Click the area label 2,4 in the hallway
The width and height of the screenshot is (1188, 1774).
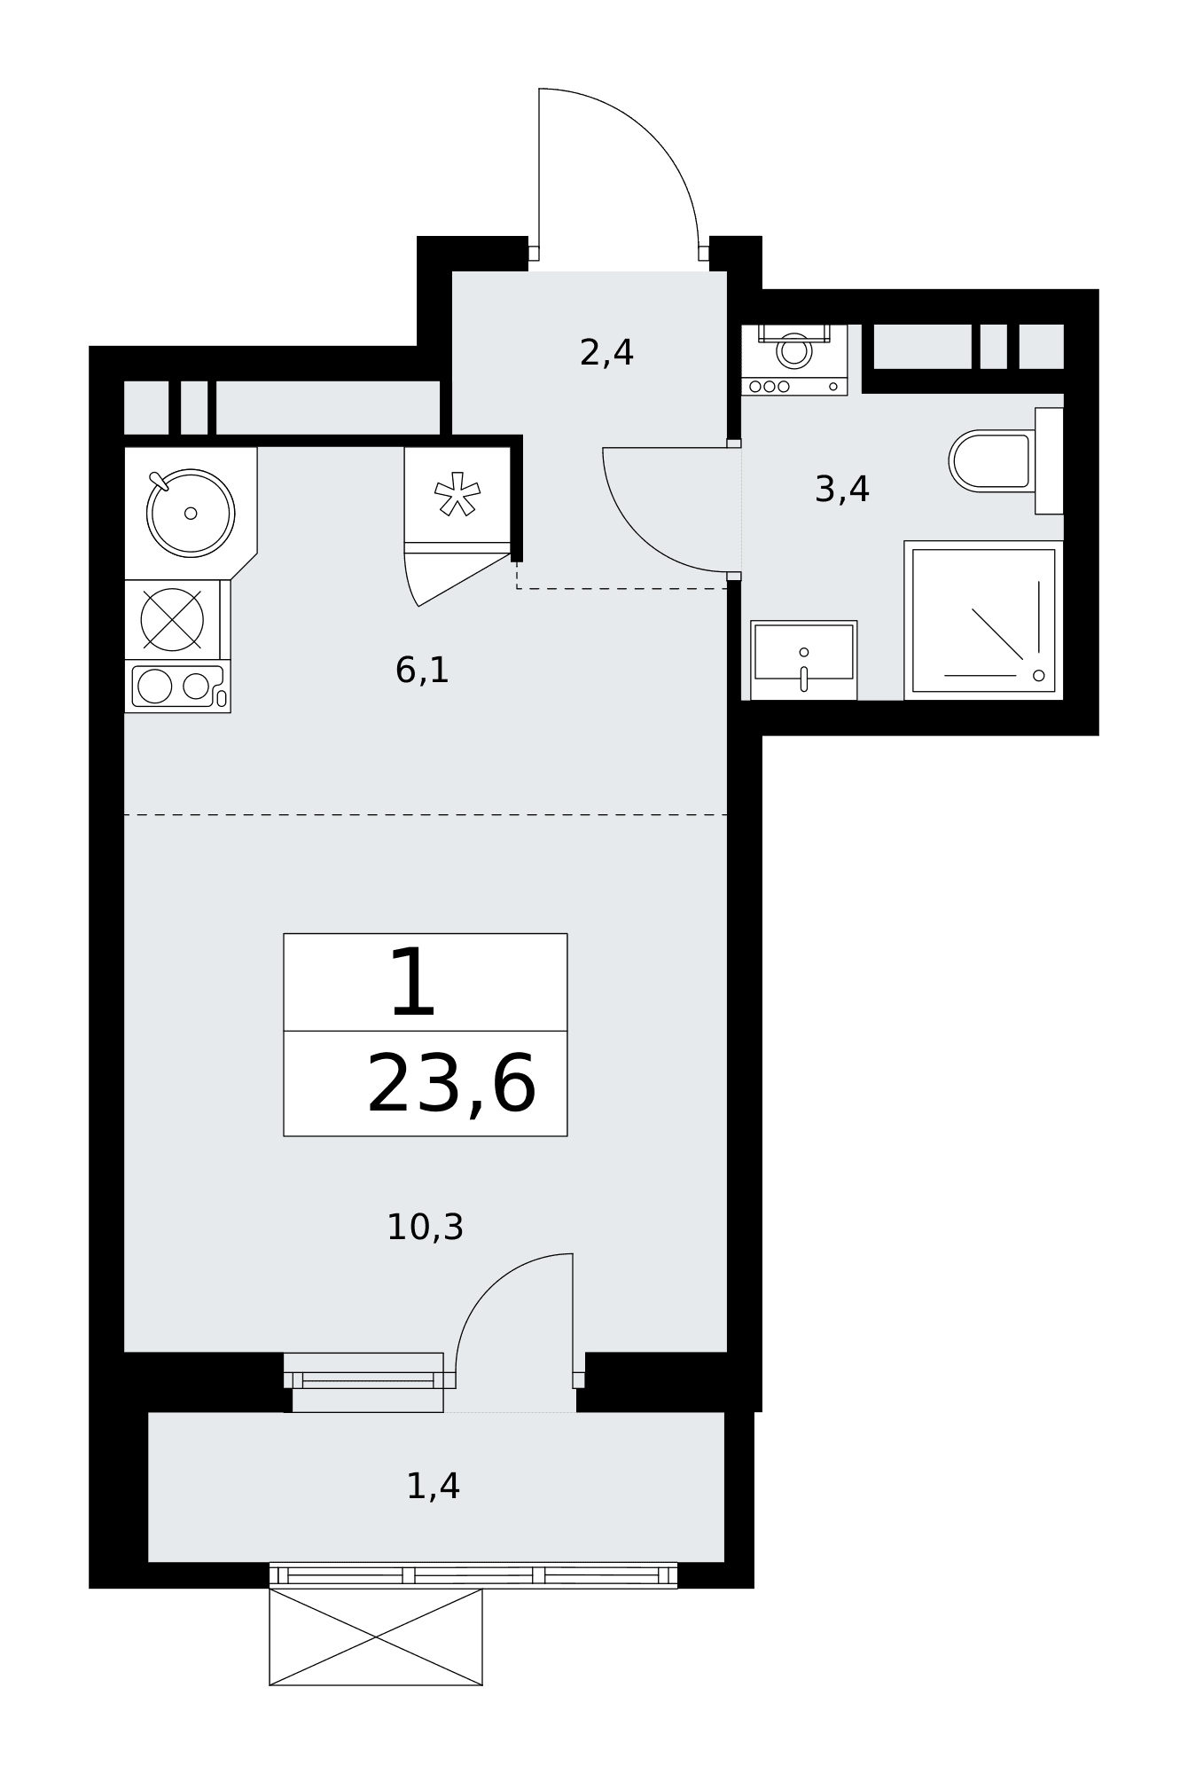(606, 353)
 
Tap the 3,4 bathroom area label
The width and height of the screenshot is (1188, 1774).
(841, 489)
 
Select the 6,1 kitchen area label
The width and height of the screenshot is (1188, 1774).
(422, 670)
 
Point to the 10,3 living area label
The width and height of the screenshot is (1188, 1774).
(425, 1227)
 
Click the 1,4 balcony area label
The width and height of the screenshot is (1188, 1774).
(433, 1486)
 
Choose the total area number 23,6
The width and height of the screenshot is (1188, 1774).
(451, 1085)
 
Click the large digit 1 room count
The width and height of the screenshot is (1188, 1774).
(413, 982)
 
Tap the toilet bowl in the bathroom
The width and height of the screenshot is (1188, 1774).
(991, 460)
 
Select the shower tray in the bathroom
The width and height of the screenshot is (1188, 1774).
(983, 620)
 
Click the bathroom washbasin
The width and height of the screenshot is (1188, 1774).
(803, 660)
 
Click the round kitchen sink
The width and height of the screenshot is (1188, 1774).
(191, 513)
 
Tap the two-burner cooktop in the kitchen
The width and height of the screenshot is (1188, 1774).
(177, 686)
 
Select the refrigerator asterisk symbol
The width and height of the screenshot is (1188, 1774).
(457, 494)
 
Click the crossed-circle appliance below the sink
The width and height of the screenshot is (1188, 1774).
(172, 619)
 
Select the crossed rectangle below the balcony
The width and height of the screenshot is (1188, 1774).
(376, 1637)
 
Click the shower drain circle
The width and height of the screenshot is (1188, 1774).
(1038, 676)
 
